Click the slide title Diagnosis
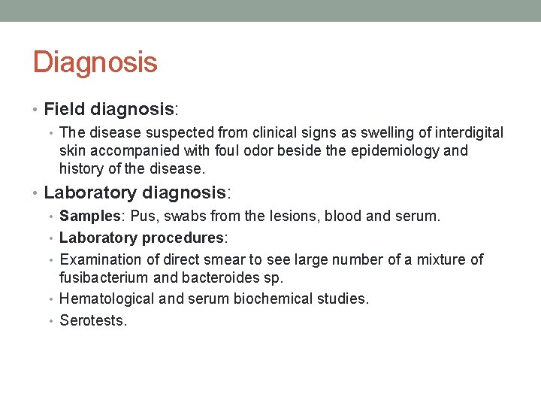point(95,62)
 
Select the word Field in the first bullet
point(63,110)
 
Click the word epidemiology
point(397,150)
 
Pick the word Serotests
point(93,321)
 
